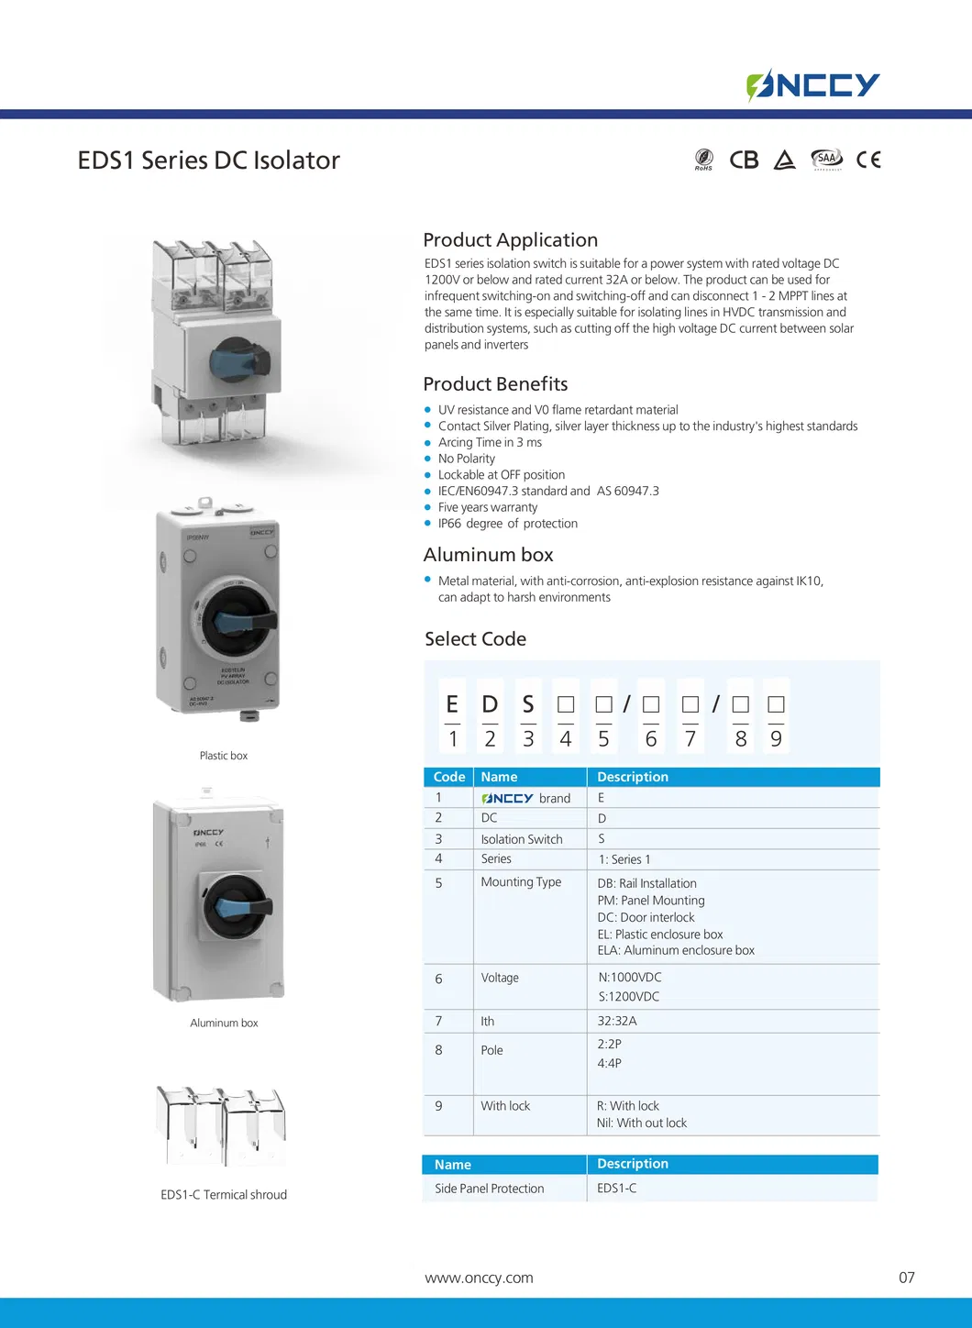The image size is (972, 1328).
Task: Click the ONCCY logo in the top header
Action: click(x=812, y=85)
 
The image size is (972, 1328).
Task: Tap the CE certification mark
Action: click(x=868, y=160)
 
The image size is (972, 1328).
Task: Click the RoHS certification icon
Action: click(x=703, y=160)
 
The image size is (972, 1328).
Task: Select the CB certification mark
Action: click(x=744, y=160)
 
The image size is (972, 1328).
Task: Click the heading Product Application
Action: click(x=510, y=240)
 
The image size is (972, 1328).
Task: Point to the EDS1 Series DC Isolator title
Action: click(x=208, y=160)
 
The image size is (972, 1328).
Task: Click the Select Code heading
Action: click(x=475, y=639)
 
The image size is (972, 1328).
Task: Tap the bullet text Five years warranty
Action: click(x=488, y=507)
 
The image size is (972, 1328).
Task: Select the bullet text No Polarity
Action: click(x=466, y=459)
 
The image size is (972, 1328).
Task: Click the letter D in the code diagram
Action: click(x=490, y=704)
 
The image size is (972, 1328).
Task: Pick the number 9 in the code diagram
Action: click(x=776, y=739)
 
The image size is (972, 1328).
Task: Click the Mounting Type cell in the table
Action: click(x=521, y=882)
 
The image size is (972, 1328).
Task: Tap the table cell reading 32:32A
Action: click(x=617, y=1021)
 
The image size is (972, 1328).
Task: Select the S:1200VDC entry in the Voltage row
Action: click(x=629, y=997)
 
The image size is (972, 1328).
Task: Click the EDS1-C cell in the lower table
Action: click(x=617, y=1189)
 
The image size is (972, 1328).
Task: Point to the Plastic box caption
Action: click(x=224, y=756)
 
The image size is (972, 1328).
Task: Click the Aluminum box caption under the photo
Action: click(x=224, y=1023)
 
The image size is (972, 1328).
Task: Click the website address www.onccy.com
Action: click(x=479, y=1278)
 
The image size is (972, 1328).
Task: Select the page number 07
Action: click(x=906, y=1278)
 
